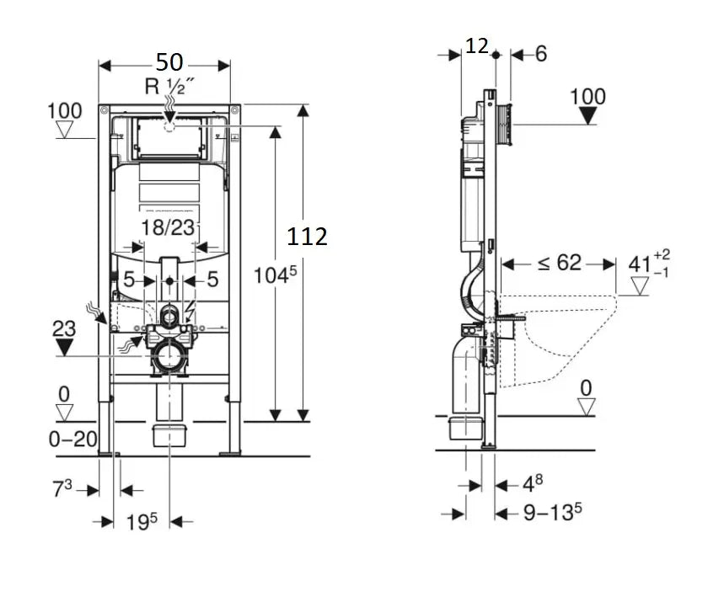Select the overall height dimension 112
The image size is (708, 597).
(x=307, y=237)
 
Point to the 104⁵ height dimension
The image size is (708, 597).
(x=275, y=275)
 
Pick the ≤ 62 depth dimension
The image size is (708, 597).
(x=559, y=264)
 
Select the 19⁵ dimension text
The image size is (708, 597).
(x=142, y=522)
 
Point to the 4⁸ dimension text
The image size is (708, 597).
(x=532, y=483)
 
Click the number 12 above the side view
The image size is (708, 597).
(x=477, y=46)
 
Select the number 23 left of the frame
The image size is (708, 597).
(x=64, y=328)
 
